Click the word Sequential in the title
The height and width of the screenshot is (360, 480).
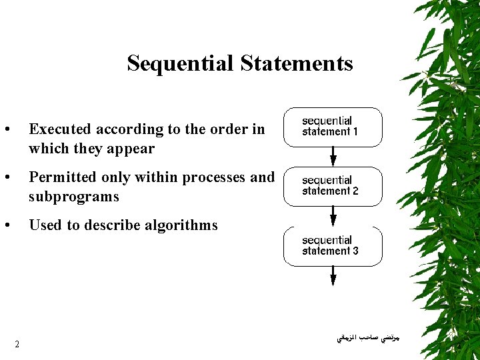(180, 63)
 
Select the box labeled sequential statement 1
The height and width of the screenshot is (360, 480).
(333, 127)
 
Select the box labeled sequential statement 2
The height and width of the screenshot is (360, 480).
(333, 186)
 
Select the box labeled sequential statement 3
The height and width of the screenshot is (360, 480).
(333, 246)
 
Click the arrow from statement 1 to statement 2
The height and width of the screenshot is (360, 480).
(333, 157)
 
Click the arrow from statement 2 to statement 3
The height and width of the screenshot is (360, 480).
(333, 216)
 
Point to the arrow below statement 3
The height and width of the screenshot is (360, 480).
(333, 275)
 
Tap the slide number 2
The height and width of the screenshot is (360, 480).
(17, 344)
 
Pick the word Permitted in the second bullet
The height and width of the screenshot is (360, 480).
(62, 177)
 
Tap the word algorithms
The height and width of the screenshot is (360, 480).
(181, 225)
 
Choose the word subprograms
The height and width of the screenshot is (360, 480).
(73, 197)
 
